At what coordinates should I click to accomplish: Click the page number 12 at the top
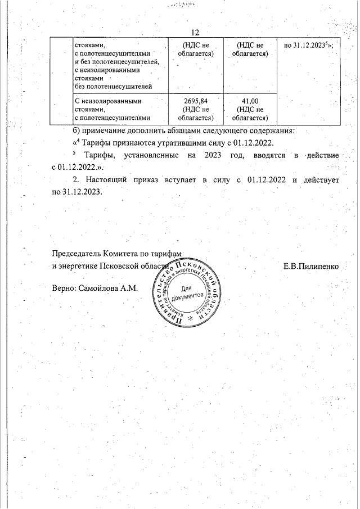pyautogui.click(x=196, y=32)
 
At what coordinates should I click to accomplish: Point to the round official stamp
pyautogui.click(x=185, y=294)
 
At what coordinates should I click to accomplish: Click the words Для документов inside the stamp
pyautogui.click(x=186, y=293)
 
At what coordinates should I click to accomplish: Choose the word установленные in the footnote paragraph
pyautogui.click(x=139, y=155)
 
